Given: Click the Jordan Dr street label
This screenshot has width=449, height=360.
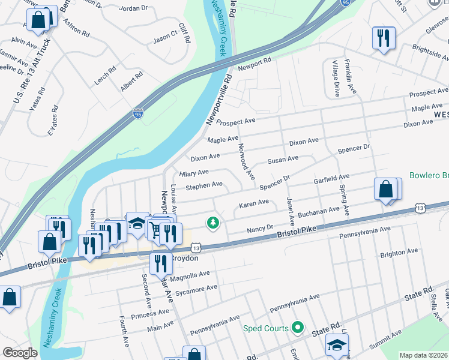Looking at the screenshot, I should (x=133, y=8).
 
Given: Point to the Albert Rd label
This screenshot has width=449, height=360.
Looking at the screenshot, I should (x=131, y=81).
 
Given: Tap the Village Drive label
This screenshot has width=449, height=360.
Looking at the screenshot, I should (x=336, y=79).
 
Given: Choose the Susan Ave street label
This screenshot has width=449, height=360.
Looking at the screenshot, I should (x=283, y=160).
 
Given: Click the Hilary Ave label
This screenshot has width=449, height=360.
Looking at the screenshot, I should (x=194, y=173).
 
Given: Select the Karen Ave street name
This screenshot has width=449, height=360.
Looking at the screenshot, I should (x=254, y=203).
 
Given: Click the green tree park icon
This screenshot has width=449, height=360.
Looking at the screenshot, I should (x=212, y=223).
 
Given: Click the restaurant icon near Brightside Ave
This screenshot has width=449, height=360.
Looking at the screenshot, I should (x=381, y=38).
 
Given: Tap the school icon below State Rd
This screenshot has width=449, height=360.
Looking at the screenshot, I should (x=336, y=344).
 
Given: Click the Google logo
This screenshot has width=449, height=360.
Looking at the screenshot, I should (x=20, y=353).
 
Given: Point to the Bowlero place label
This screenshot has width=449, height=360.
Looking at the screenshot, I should (x=429, y=176).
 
